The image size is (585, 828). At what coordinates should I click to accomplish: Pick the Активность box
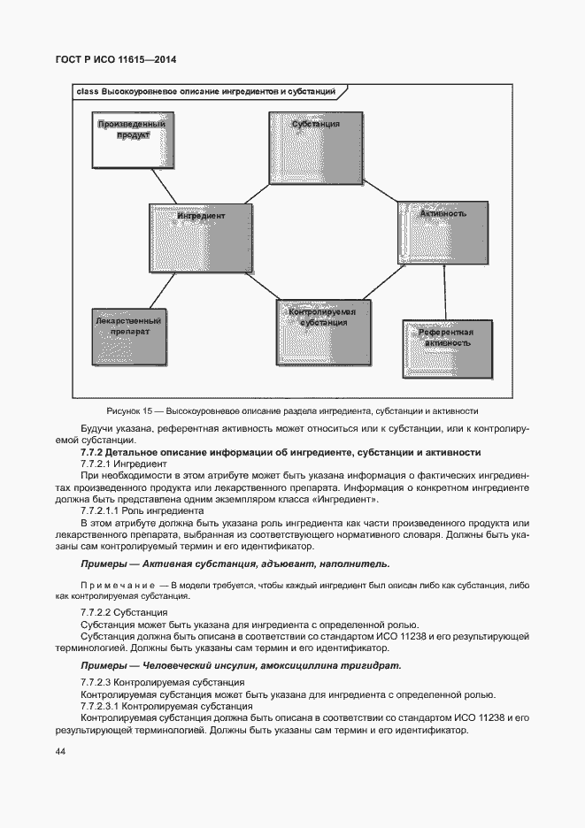tap(442, 229)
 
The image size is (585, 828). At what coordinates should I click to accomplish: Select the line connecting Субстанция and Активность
tap(381, 194)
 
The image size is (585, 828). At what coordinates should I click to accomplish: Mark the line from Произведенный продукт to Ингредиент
tap(165, 188)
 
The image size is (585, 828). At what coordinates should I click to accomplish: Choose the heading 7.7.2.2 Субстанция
tap(123, 612)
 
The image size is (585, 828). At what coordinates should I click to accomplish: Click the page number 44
tap(60, 751)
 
